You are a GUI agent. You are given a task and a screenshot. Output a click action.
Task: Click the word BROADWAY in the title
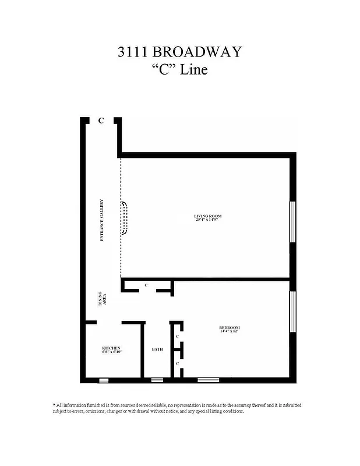201,52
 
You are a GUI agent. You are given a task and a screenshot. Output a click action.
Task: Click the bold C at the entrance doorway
101,121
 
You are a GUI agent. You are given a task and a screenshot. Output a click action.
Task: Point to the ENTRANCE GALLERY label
101,221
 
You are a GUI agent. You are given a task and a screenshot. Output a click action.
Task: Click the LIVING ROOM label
207,216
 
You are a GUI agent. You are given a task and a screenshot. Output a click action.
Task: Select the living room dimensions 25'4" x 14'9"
207,220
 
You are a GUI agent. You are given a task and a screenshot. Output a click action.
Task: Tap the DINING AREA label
101,300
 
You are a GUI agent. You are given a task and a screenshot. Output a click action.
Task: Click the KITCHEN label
111,348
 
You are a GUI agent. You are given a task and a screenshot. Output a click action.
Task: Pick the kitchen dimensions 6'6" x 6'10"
111,352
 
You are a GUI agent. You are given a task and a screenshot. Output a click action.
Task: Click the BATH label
157,349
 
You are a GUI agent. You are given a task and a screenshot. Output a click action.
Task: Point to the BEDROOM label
229,327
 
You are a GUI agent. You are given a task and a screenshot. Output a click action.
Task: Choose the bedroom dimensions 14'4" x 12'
229,331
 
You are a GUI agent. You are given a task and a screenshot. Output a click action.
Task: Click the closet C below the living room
146,285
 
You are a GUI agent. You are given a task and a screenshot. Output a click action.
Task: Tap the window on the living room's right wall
292,221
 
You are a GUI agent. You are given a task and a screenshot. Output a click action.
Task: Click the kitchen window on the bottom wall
103,380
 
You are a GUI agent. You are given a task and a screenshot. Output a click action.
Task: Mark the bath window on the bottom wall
157,380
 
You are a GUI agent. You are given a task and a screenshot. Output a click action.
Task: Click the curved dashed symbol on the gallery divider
124,218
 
